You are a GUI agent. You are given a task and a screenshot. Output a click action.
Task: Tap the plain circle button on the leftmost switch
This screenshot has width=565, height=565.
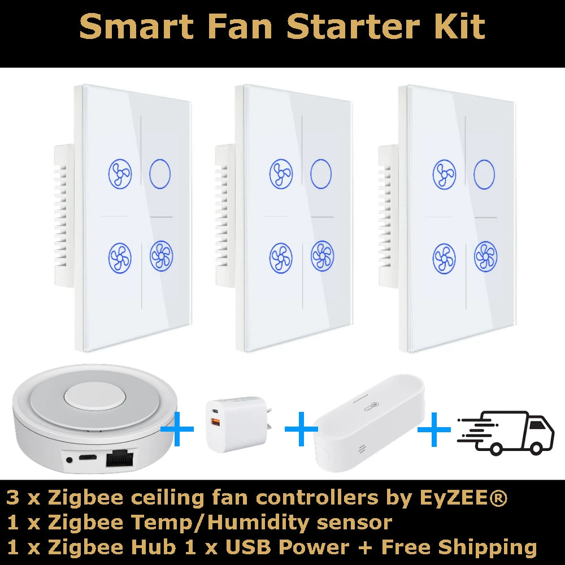pyautogui.click(x=160, y=173)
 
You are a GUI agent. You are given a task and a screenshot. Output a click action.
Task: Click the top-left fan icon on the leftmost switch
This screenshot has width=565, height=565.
pyautogui.click(x=120, y=173)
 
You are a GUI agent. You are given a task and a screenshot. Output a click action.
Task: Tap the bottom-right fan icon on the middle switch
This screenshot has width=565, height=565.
pyautogui.click(x=322, y=256)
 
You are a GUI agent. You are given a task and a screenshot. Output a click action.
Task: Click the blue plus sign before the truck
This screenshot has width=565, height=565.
pyautogui.click(x=434, y=430)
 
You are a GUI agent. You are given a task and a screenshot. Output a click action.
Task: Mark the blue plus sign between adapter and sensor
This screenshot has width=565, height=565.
pyautogui.click(x=301, y=429)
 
